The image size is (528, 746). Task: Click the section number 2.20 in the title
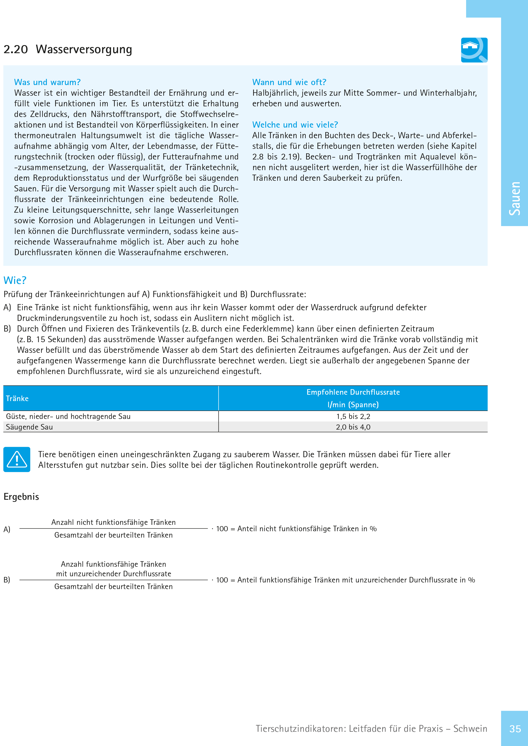click(x=16, y=49)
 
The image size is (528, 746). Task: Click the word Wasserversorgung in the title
click(x=84, y=49)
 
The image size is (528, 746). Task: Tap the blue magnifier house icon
click(x=474, y=50)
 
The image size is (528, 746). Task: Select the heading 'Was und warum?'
click(x=47, y=82)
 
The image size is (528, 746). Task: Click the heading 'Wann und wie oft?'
click(x=289, y=82)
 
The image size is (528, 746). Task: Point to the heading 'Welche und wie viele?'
click(x=295, y=125)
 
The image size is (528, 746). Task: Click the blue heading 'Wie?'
click(x=15, y=280)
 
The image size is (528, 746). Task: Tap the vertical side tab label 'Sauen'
click(x=515, y=198)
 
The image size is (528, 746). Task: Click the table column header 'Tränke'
click(x=17, y=398)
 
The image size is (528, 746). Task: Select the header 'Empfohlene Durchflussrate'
click(x=353, y=392)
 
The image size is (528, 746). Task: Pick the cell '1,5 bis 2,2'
click(x=353, y=416)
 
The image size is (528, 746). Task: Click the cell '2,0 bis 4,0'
click(x=353, y=427)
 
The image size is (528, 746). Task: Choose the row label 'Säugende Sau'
click(x=29, y=427)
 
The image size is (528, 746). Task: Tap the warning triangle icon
click(x=17, y=459)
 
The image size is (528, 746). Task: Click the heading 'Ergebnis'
click(x=21, y=497)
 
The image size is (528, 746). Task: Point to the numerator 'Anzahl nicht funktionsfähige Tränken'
click(x=113, y=522)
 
